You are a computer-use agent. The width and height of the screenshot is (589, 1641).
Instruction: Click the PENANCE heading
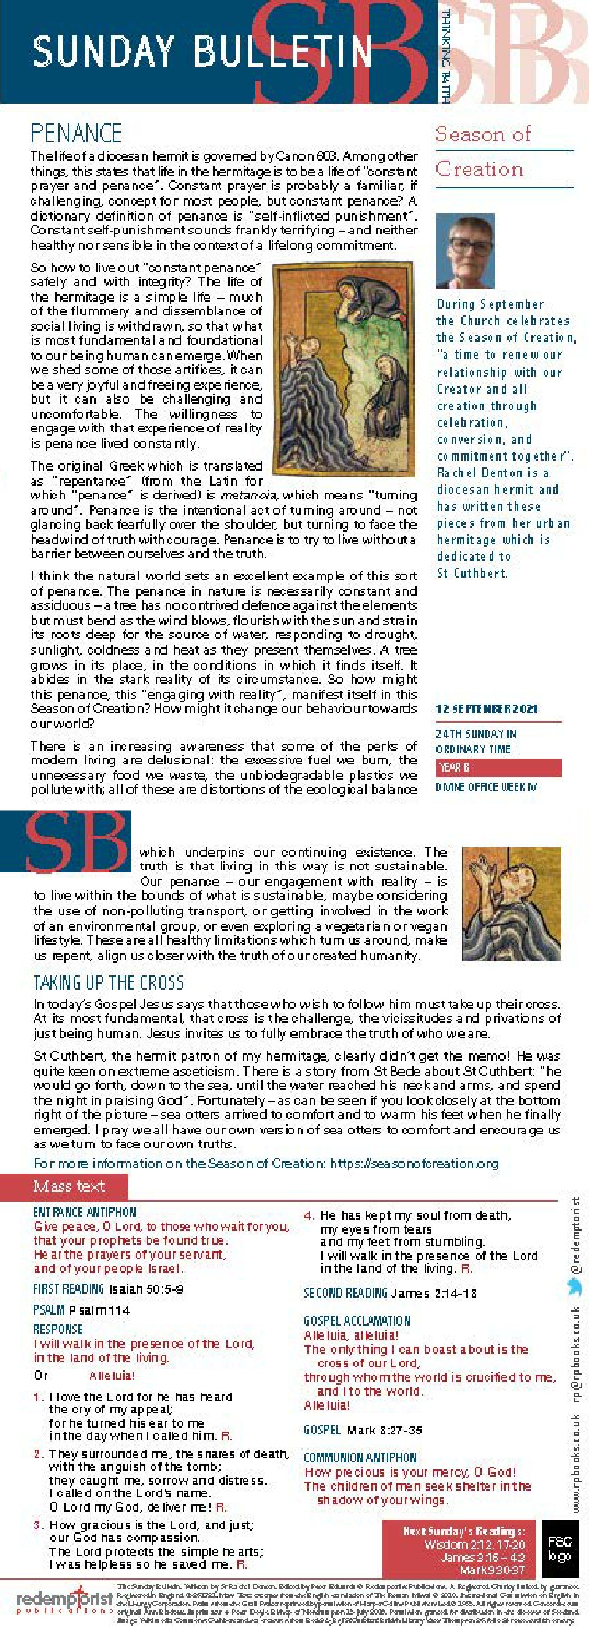76,133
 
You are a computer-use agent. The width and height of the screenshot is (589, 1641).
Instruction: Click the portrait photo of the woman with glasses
464,251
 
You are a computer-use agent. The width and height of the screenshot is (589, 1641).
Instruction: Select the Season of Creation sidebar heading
483,152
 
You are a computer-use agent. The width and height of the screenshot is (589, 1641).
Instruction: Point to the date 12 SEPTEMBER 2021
486,709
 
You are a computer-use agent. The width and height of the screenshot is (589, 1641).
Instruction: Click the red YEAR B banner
498,767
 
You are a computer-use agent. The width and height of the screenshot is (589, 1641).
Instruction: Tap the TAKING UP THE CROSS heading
109,982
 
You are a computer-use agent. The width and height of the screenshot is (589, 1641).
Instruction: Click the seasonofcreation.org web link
414,1163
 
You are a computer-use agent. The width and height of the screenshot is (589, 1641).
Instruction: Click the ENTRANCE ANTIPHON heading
84,1212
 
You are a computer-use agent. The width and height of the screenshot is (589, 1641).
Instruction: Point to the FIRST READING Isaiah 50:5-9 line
109,1289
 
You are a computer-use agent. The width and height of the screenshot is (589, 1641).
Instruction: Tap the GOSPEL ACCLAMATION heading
357,1321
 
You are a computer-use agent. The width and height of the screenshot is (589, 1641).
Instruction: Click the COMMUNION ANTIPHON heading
360,1457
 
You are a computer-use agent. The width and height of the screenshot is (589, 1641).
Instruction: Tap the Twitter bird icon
575,1286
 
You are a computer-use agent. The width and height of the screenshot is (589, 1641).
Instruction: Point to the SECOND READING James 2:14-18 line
390,1293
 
